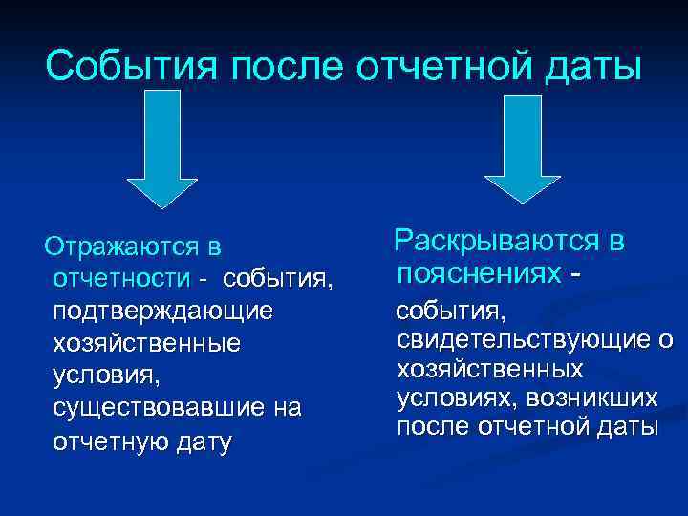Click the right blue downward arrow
pos(523,143)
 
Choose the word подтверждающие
pos(163,312)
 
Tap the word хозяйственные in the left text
pos(147,344)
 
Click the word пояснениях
pos(480,273)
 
